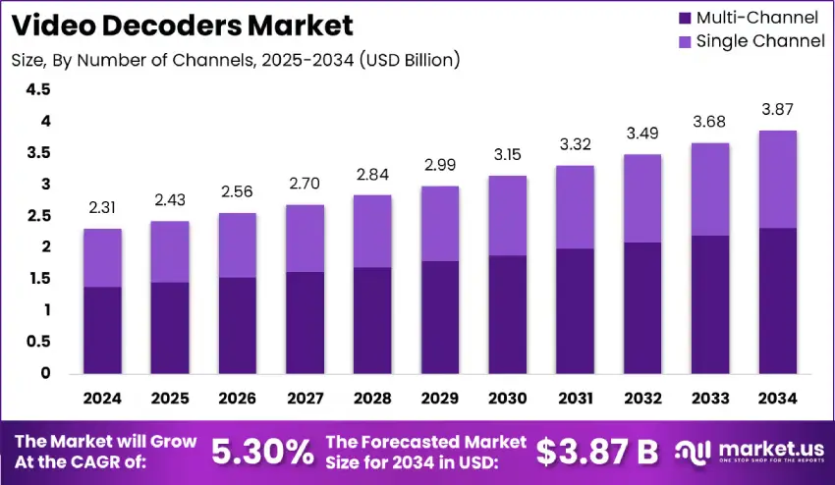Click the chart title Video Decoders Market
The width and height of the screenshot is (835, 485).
coord(183,24)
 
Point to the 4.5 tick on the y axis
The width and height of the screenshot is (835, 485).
coord(38,89)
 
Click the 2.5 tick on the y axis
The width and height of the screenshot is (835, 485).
coord(38,216)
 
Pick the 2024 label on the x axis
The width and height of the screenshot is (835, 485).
coord(102,399)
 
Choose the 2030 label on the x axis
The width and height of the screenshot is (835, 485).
coord(508,399)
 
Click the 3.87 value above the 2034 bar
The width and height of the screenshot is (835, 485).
coord(777,110)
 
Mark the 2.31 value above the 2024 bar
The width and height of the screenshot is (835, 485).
coord(102,208)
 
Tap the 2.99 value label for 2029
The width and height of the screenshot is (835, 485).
coord(440,165)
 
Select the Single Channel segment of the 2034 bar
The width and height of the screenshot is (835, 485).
coord(777,179)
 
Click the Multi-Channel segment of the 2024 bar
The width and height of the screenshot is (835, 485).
coord(102,330)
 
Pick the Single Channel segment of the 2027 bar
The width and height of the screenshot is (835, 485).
coord(305,238)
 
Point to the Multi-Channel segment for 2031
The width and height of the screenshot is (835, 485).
coord(575,310)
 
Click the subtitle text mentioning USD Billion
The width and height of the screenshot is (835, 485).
coord(236,60)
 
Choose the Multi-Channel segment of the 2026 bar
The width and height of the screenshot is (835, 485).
coord(237,325)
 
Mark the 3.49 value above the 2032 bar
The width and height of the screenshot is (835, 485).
coord(642,134)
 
